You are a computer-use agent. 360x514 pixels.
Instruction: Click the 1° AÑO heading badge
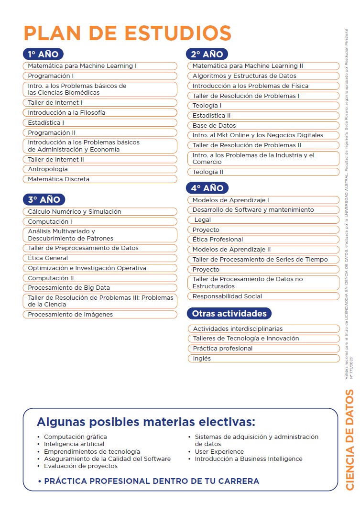43,54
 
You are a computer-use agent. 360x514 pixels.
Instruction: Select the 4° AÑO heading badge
207,188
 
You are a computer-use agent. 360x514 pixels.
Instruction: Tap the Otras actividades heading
229,314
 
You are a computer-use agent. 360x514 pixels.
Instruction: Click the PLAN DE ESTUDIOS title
128,33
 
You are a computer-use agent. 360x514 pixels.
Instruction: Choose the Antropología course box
100,169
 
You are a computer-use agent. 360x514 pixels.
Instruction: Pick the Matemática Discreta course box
100,179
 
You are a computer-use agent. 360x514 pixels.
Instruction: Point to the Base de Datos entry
263,125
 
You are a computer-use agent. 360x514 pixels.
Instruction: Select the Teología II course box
263,172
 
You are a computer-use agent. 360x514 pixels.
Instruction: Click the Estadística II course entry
263,115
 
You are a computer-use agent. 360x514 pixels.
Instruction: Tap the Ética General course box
100,258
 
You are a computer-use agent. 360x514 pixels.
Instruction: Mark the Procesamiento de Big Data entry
100,288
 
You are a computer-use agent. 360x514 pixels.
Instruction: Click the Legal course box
263,220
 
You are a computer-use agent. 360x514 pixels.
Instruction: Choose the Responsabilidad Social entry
263,296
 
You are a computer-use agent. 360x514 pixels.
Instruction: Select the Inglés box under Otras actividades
263,359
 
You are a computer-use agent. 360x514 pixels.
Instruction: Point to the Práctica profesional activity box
263,349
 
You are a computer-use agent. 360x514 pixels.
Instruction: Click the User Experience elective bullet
219,452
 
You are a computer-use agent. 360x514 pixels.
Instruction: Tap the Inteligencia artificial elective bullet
74,444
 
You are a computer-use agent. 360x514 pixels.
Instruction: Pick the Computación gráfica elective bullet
75,437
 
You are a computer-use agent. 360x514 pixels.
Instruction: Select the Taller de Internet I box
100,103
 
